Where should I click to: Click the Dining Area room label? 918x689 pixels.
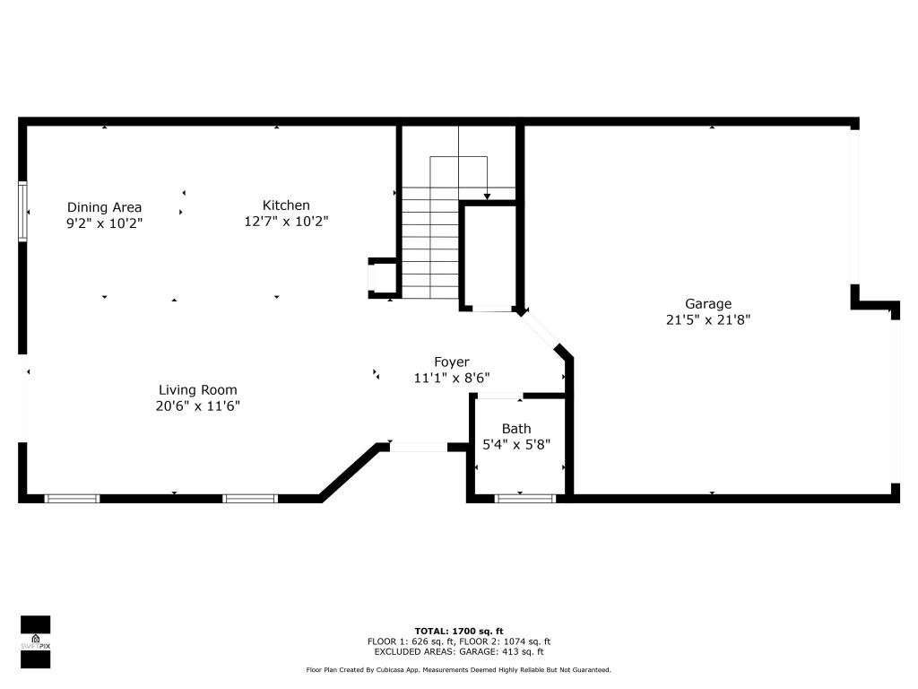[x=104, y=207]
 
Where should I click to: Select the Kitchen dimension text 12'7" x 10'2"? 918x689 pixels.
[x=286, y=221]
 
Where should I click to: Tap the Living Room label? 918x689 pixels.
[x=197, y=389]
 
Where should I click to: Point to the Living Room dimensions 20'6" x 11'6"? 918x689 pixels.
[x=197, y=406]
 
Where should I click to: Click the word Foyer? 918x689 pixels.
[x=452, y=362]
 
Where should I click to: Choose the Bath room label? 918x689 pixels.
[x=516, y=429]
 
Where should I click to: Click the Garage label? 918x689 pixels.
[x=708, y=303]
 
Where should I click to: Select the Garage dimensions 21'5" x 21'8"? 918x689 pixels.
[x=708, y=319]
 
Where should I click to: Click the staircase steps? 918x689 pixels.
[x=430, y=242]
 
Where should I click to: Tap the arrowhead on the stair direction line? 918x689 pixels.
[x=487, y=196]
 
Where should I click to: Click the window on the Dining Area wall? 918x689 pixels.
[x=23, y=212]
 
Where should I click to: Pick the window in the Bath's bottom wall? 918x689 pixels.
[x=520, y=497]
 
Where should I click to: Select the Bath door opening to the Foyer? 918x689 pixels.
[x=499, y=396]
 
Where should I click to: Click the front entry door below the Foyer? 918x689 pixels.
[x=419, y=446]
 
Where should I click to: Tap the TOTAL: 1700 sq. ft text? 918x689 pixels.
[x=458, y=631]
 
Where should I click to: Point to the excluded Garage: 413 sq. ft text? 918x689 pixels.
[x=458, y=652]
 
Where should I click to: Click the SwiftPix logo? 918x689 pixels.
[x=35, y=641]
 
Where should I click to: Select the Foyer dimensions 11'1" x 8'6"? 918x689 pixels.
[x=452, y=379]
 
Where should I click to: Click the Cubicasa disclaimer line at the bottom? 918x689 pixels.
[x=458, y=670]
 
